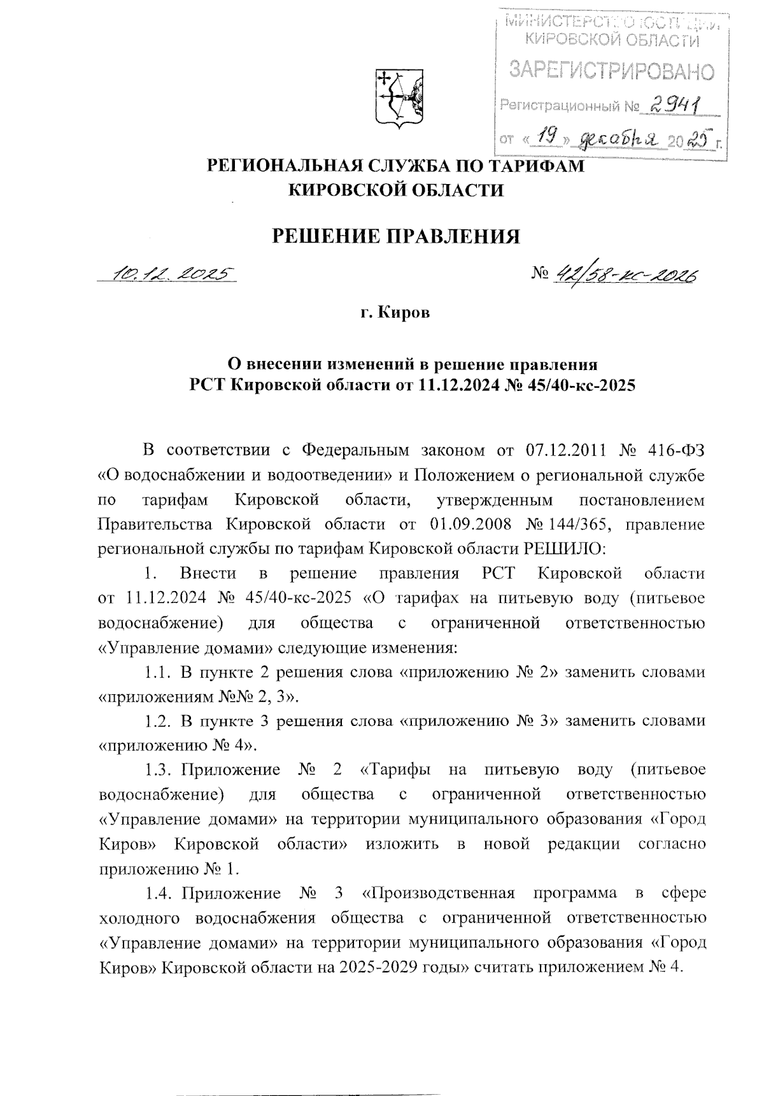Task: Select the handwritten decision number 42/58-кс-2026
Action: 626,276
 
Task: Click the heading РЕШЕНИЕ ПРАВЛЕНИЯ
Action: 396,236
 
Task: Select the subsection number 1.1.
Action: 156,672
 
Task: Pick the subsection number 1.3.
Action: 156,770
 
